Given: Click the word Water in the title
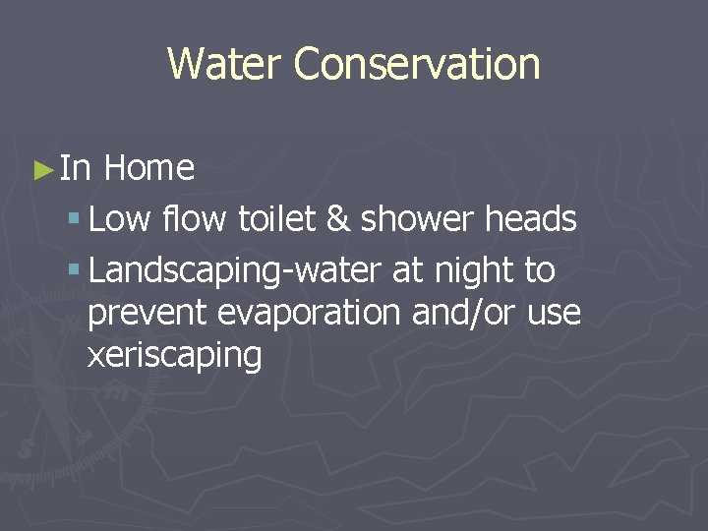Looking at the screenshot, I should [225, 64].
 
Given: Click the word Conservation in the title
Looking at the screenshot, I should [416, 64].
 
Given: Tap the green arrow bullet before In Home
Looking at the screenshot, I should [42, 169].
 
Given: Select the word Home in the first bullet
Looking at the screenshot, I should [148, 168].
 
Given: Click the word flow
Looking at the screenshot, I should [195, 219].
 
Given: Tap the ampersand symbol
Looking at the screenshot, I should [336, 219].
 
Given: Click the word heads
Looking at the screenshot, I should [530, 219].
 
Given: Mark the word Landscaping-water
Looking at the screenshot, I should [236, 271].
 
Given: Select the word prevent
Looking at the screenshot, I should [147, 314].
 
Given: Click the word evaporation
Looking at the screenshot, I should [311, 314].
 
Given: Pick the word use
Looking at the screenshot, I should [555, 314].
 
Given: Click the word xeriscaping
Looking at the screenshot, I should [175, 356].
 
